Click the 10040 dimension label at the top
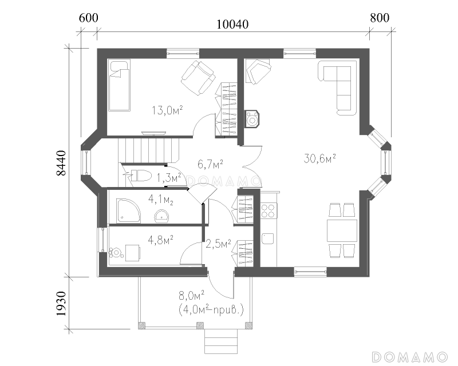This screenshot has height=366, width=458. click(232, 24)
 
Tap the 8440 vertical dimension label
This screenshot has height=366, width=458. click(62, 163)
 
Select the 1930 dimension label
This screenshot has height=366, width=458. click(62, 304)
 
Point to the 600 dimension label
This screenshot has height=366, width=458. click(89, 18)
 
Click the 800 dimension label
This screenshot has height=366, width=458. click(380, 18)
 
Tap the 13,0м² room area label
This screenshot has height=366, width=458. click(167, 110)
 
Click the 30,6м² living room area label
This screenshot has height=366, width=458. click(319, 158)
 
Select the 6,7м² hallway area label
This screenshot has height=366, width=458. click(210, 164)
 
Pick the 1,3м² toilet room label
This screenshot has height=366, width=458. click(169, 178)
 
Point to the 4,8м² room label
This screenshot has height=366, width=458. click(161, 241)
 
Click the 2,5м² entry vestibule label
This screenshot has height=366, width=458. click(219, 244)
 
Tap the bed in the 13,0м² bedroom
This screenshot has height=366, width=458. click(119, 86)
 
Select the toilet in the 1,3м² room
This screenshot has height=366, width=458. click(141, 176)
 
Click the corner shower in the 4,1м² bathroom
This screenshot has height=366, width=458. click(128, 210)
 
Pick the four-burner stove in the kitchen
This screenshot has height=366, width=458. click(268, 211)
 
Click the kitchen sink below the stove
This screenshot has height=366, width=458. click(267, 238)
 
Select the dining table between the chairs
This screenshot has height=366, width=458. click(342, 230)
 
